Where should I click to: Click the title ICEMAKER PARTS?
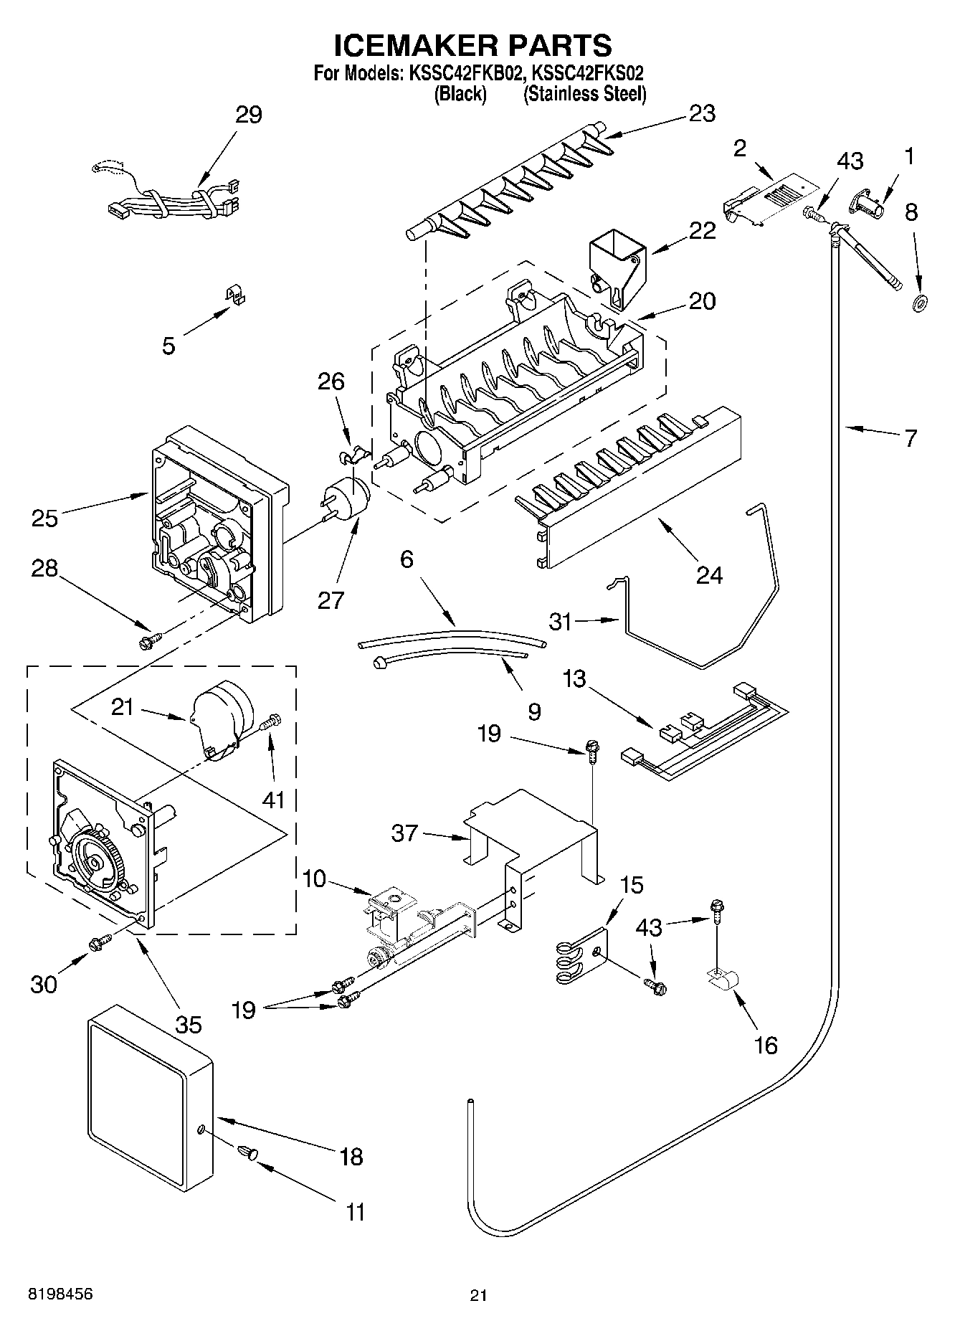(473, 44)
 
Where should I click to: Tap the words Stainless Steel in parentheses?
(584, 94)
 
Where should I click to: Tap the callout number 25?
(44, 518)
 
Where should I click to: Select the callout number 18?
(351, 1156)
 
